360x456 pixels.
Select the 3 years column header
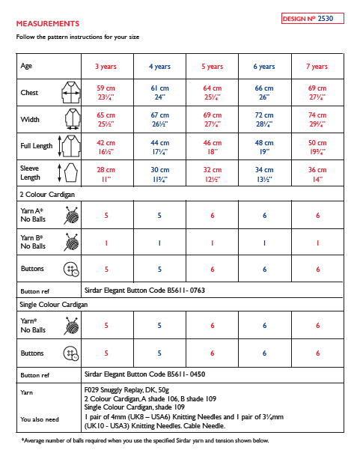(x=106, y=67)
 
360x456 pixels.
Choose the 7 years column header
(x=317, y=67)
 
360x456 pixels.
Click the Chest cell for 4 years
(x=159, y=93)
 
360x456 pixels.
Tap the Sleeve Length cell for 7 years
(x=317, y=174)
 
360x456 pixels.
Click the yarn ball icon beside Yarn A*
(x=71, y=216)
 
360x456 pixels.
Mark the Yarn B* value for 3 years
(x=106, y=243)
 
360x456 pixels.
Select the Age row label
(x=26, y=67)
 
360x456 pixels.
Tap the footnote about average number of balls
(x=144, y=441)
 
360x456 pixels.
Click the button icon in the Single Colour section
(x=71, y=353)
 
